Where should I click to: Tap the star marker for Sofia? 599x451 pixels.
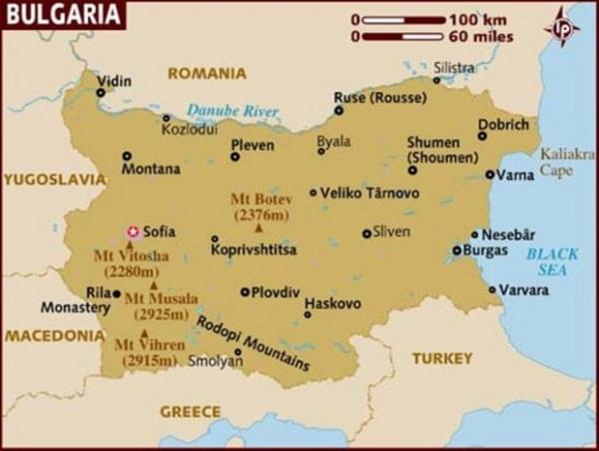131,232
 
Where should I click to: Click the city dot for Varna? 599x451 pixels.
489,174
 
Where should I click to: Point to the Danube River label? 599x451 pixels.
233,112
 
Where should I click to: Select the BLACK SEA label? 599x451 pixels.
551,261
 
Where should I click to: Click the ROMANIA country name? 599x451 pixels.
206,73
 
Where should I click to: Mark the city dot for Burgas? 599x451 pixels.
456,250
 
